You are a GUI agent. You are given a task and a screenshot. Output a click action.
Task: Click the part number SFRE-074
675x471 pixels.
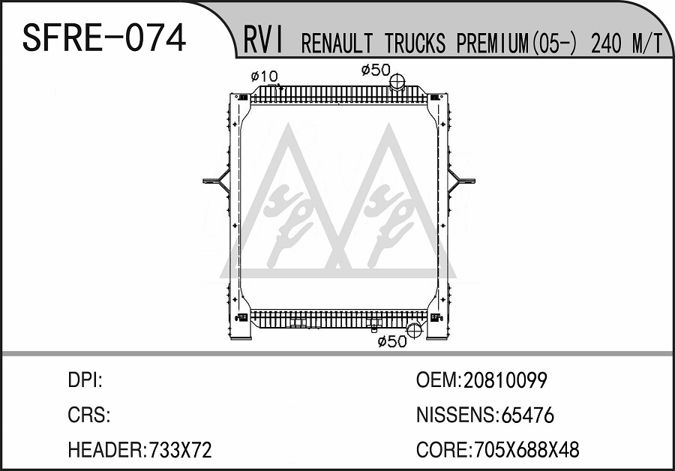103,38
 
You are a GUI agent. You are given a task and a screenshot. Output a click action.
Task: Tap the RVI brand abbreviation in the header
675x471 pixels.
263,40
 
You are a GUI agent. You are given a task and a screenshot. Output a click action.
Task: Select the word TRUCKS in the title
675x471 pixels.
415,43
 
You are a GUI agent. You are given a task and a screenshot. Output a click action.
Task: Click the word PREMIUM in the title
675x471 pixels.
492,43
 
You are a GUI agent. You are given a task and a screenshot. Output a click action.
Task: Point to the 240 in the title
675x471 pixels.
607,43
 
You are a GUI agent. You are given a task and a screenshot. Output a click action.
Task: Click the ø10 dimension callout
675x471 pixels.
264,76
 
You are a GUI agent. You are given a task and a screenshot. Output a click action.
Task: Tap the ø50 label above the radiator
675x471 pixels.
376,70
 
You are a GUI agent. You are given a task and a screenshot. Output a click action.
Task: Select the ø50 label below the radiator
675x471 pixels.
391,342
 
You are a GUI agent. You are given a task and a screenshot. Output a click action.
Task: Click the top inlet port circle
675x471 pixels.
397,81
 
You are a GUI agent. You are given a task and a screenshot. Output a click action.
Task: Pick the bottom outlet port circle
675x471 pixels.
414,330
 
